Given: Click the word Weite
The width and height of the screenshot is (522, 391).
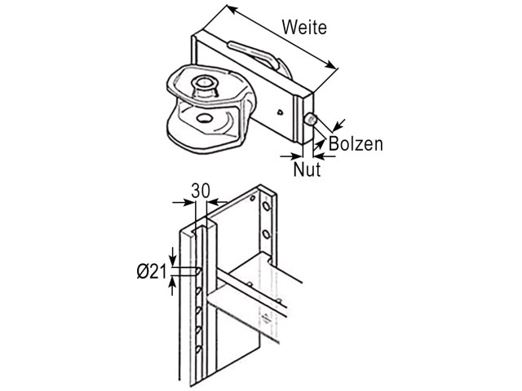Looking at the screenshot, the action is pyautogui.click(x=304, y=27).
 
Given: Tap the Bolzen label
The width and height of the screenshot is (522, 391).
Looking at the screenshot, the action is pyautogui.click(x=356, y=144).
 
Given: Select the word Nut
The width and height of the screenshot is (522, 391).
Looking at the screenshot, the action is pyautogui.click(x=307, y=169).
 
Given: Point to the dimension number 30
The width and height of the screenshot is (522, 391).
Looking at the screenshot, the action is pyautogui.click(x=201, y=191).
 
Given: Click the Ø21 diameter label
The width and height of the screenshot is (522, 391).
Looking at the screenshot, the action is pyautogui.click(x=152, y=272).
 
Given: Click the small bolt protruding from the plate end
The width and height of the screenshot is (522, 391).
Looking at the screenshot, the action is pyautogui.click(x=311, y=119).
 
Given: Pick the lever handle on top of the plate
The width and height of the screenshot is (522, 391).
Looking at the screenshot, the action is pyautogui.click(x=253, y=54).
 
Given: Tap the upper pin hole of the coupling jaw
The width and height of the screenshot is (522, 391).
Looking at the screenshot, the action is pyautogui.click(x=203, y=81).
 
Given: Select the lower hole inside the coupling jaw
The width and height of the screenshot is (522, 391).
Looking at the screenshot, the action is pyautogui.click(x=204, y=118).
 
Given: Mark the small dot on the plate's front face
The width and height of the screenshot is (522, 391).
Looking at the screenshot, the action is pyautogui.click(x=281, y=112).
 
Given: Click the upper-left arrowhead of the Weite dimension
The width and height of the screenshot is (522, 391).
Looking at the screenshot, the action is pyautogui.click(x=232, y=9).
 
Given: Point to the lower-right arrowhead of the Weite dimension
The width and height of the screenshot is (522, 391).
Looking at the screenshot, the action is pyautogui.click(x=330, y=64).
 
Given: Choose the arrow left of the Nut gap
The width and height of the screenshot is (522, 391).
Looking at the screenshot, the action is pyautogui.click(x=291, y=156).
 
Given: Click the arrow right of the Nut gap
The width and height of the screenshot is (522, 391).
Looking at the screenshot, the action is pyautogui.click(x=325, y=156).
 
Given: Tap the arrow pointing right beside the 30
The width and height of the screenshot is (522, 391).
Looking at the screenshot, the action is pyautogui.click(x=183, y=202).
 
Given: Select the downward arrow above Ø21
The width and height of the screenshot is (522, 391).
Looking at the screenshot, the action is pyautogui.click(x=173, y=257).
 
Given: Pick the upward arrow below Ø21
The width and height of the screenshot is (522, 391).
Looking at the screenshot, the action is pyautogui.click(x=172, y=287).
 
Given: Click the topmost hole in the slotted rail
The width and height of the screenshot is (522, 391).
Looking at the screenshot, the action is pyautogui.click(x=198, y=271).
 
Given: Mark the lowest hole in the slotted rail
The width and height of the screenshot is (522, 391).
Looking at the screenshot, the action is pyautogui.click(x=199, y=349).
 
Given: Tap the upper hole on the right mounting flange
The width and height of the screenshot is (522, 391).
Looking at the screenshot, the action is pyautogui.click(x=266, y=206).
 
